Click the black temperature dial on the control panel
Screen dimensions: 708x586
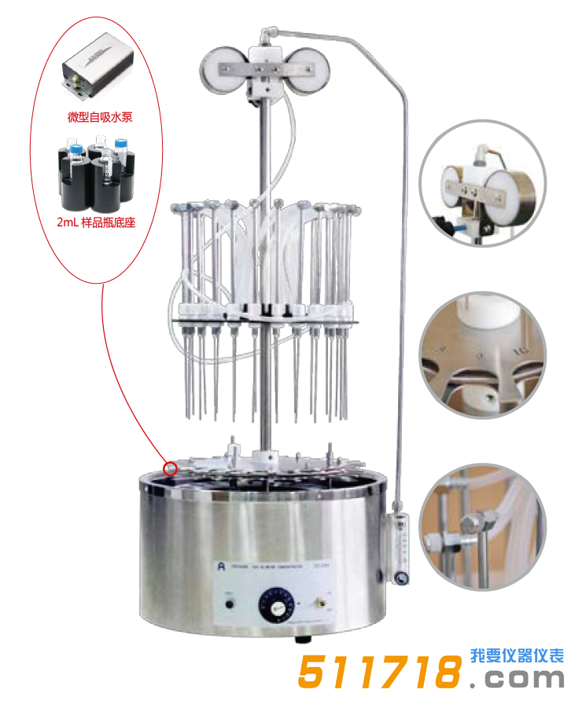point(276,606)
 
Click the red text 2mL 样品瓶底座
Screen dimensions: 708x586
point(96,222)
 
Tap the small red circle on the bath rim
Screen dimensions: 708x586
point(169,469)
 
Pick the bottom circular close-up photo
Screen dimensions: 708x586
point(481,526)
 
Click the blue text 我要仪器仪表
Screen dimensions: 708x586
point(517,655)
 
